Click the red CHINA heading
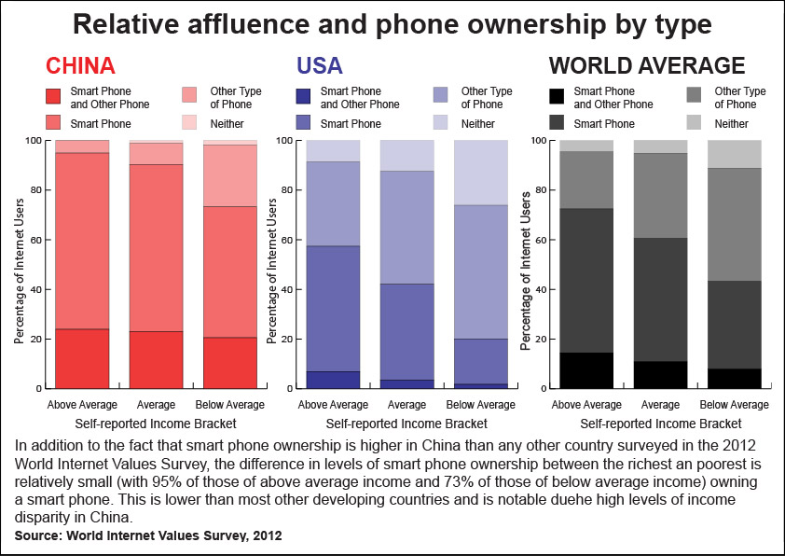coord(80,65)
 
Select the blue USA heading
coord(320,65)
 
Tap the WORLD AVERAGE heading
coord(647,65)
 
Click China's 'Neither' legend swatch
coord(189,123)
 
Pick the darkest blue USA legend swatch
coord(303,96)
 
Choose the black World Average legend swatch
coord(557,96)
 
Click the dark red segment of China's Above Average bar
coord(82,358)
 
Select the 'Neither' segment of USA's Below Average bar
coord(481,173)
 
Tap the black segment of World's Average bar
coord(660,375)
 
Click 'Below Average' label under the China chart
coord(229,405)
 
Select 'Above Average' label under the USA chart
coord(333,405)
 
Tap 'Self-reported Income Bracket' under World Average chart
coord(660,424)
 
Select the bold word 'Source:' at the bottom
coord(38,535)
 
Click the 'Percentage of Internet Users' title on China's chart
coord(19,271)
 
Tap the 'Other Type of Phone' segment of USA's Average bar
coord(407,228)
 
